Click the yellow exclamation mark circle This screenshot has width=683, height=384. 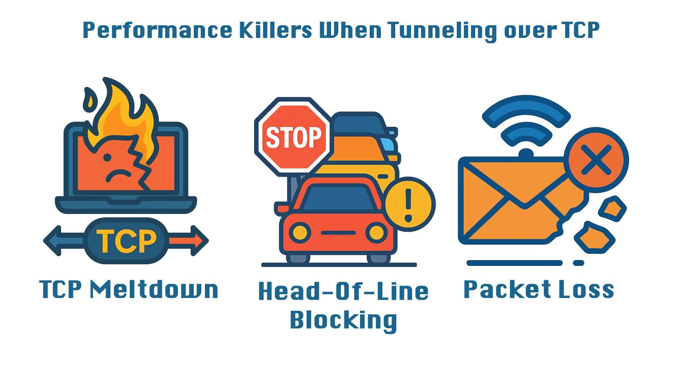tap(409, 204)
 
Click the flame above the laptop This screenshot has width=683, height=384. tap(123, 114)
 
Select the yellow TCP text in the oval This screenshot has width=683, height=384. tap(127, 241)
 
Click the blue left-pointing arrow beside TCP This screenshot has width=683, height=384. tap(60, 241)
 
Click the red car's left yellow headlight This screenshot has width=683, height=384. tap(300, 233)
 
